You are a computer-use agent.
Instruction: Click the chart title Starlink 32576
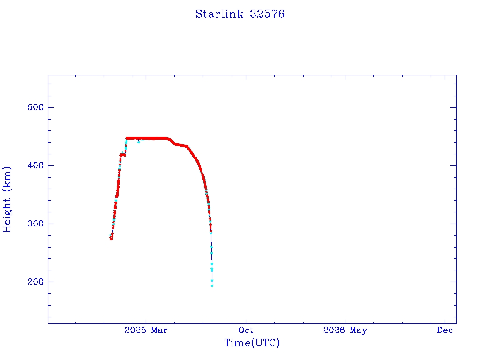(240, 14)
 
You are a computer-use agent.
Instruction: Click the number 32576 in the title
(267, 14)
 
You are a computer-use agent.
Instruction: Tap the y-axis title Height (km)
(7, 200)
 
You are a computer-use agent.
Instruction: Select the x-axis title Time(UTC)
(252, 343)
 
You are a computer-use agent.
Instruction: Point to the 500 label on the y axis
(36, 107)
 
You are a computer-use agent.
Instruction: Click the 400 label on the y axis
(36, 165)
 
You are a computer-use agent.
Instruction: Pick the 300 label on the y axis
(36, 224)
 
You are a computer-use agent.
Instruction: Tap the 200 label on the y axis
(36, 282)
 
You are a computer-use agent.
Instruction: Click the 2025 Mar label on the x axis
(146, 330)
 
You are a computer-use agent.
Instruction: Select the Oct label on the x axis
(246, 330)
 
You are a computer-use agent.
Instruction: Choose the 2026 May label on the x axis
(345, 330)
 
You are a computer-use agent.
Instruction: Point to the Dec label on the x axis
(445, 330)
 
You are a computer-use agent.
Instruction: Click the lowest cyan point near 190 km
(212, 286)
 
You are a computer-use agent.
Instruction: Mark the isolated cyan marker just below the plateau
(138, 142)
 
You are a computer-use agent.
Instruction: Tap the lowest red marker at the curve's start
(111, 239)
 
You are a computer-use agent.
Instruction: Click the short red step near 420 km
(123, 155)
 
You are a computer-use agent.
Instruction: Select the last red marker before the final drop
(211, 231)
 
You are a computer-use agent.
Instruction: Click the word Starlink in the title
(219, 14)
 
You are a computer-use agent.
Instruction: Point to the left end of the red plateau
(127, 138)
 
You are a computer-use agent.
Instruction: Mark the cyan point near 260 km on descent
(211, 247)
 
